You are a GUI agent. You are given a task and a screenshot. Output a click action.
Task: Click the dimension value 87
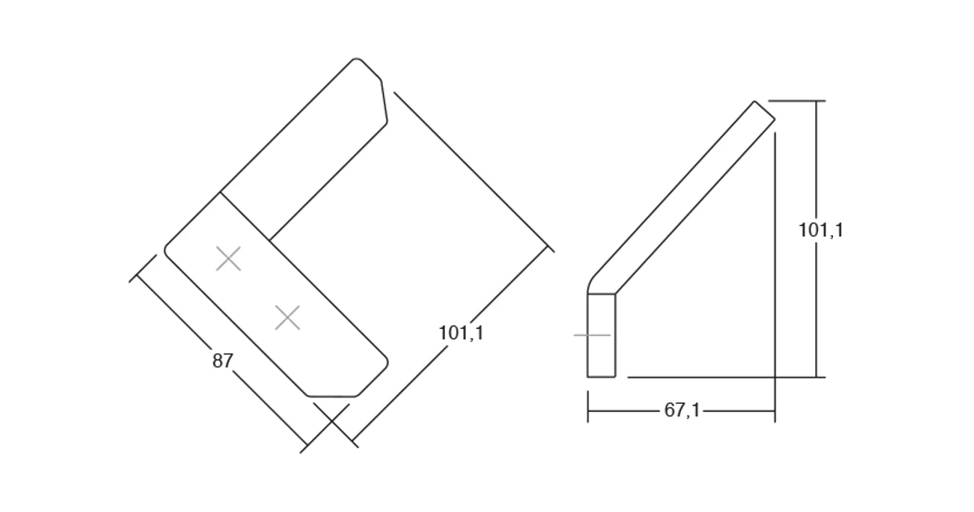(x=223, y=362)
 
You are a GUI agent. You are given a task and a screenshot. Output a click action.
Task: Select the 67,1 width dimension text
(x=682, y=411)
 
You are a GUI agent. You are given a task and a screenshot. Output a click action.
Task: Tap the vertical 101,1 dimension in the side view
(x=820, y=230)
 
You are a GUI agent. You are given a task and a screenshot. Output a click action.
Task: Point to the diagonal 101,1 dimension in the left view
(x=461, y=333)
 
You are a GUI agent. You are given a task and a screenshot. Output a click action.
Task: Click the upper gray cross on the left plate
(x=228, y=259)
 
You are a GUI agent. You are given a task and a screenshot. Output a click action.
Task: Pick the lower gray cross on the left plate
(x=288, y=318)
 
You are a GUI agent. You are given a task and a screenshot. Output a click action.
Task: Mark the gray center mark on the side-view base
(x=592, y=335)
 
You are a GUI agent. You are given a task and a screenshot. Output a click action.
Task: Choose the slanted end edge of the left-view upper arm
(x=384, y=102)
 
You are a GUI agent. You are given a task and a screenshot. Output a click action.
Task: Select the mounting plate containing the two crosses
(x=277, y=298)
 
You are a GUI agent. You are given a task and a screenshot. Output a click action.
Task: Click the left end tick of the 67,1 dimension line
(x=588, y=411)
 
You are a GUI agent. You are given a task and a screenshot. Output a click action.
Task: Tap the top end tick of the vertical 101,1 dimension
(x=816, y=101)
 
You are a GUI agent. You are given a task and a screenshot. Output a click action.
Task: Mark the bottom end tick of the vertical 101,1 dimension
(x=816, y=377)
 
